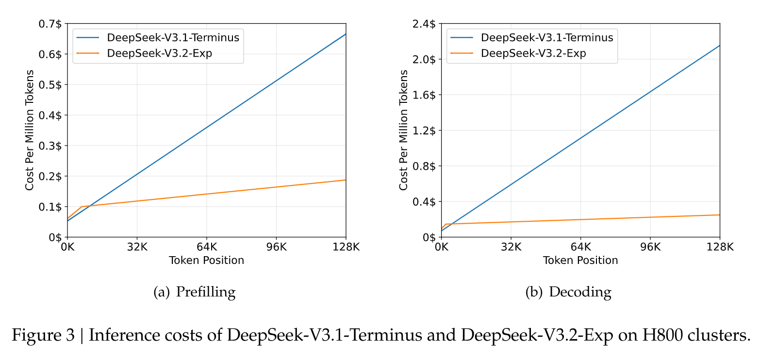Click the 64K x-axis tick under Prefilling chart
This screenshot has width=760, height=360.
point(207,246)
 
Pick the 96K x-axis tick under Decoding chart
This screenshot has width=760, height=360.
point(650,246)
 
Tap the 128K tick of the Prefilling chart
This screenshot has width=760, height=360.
point(346,246)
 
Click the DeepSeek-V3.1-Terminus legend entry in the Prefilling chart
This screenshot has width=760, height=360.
point(173,37)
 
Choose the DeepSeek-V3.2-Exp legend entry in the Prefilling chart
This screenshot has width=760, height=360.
point(159,53)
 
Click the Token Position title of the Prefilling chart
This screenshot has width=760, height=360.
point(206,261)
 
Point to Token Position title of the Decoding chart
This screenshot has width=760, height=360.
point(580,261)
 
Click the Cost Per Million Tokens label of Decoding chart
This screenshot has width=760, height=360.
point(404,130)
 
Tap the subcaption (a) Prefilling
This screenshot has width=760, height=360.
point(194,292)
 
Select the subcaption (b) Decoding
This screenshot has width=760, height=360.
point(568,292)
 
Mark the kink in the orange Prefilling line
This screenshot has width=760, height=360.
point(82,207)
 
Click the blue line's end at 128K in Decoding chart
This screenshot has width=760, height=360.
point(720,46)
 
